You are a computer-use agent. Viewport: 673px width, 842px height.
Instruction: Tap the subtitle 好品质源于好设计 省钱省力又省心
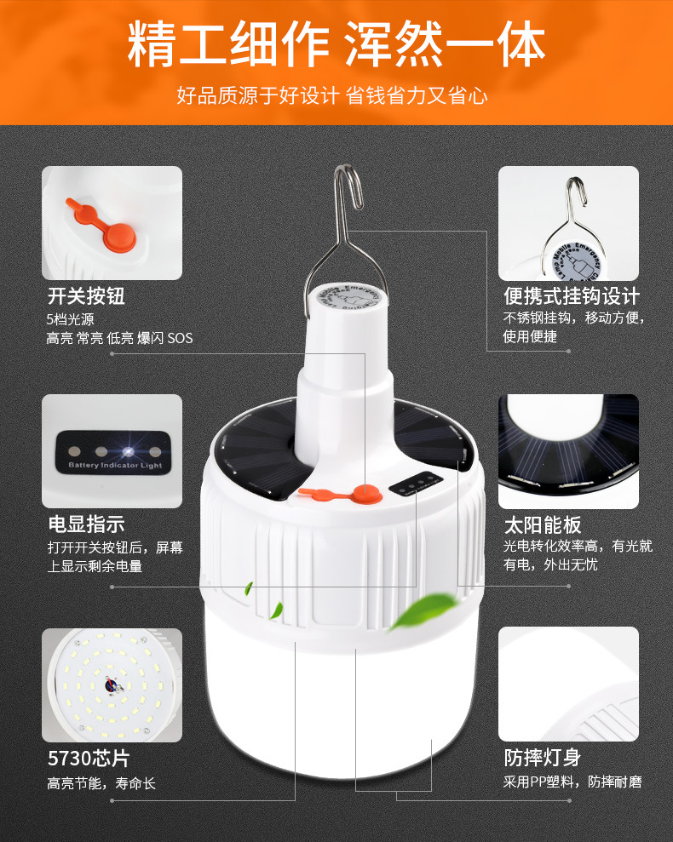click(x=332, y=95)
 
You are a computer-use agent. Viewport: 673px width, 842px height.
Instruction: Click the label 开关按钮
click(x=86, y=296)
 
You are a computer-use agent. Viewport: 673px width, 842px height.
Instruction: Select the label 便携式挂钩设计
click(x=571, y=296)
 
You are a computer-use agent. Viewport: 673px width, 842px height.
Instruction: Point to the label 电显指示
click(x=86, y=524)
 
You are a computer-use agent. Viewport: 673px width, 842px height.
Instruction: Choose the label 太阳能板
click(x=542, y=524)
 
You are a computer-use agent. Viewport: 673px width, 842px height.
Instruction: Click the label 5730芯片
click(x=89, y=758)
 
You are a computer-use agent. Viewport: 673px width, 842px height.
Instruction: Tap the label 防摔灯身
click(x=542, y=758)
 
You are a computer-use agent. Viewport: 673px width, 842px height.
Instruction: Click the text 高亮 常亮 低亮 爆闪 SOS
click(x=119, y=338)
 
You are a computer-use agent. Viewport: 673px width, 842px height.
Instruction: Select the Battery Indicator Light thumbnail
click(x=112, y=450)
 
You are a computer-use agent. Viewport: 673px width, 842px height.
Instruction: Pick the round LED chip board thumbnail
click(x=112, y=684)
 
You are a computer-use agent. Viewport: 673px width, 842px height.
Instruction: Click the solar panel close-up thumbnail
click(x=568, y=450)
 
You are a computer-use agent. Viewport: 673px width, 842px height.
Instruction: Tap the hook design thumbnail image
click(x=568, y=223)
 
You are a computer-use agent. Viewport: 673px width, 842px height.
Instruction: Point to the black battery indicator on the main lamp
click(x=413, y=487)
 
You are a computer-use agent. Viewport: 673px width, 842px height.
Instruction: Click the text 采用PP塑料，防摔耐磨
click(x=572, y=782)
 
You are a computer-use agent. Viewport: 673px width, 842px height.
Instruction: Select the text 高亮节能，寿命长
click(x=101, y=782)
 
